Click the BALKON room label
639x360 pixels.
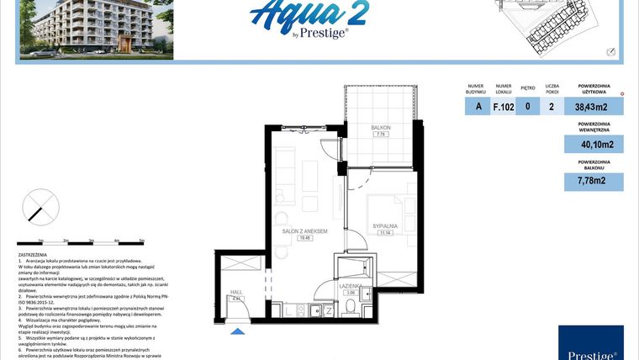click(381, 128)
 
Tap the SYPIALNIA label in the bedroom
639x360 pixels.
click(386, 226)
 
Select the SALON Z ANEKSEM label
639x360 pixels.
click(304, 231)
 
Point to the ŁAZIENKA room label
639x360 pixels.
click(352, 287)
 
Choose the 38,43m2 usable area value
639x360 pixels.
click(590, 107)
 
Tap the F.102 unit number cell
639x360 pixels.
click(503, 107)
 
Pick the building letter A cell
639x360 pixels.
click(478, 107)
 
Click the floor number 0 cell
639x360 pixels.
click(527, 107)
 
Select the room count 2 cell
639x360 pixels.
click(551, 107)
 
